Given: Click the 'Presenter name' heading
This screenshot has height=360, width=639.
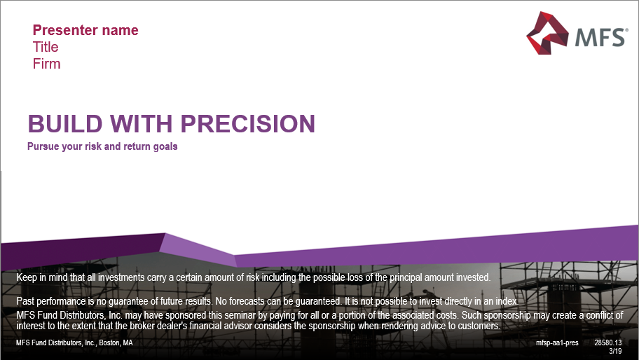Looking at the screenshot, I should point(85,30).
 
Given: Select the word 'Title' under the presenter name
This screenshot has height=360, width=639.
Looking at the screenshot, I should point(46,47).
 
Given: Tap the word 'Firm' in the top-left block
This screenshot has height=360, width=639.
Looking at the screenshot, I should point(46,64).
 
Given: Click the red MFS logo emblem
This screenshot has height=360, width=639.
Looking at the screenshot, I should point(544,33).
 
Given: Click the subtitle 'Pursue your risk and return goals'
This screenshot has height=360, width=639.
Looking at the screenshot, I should point(102,147).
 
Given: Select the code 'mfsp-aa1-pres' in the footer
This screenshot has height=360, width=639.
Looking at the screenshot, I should point(558,343).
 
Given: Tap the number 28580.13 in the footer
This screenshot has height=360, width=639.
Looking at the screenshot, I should point(608,343).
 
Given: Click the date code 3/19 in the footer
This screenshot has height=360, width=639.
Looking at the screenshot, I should point(616,350).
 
